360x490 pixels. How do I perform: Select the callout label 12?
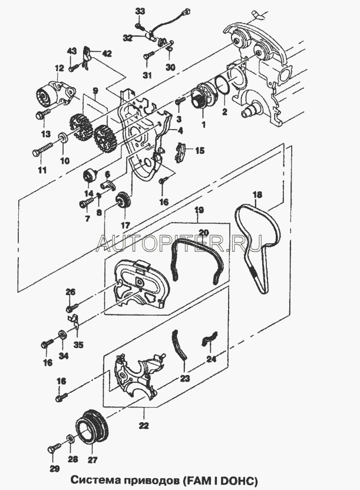[x=60, y=67]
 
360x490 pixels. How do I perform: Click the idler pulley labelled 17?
[x=124, y=201]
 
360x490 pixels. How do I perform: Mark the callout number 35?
[x=78, y=345]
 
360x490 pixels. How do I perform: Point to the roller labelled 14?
[x=91, y=175]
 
